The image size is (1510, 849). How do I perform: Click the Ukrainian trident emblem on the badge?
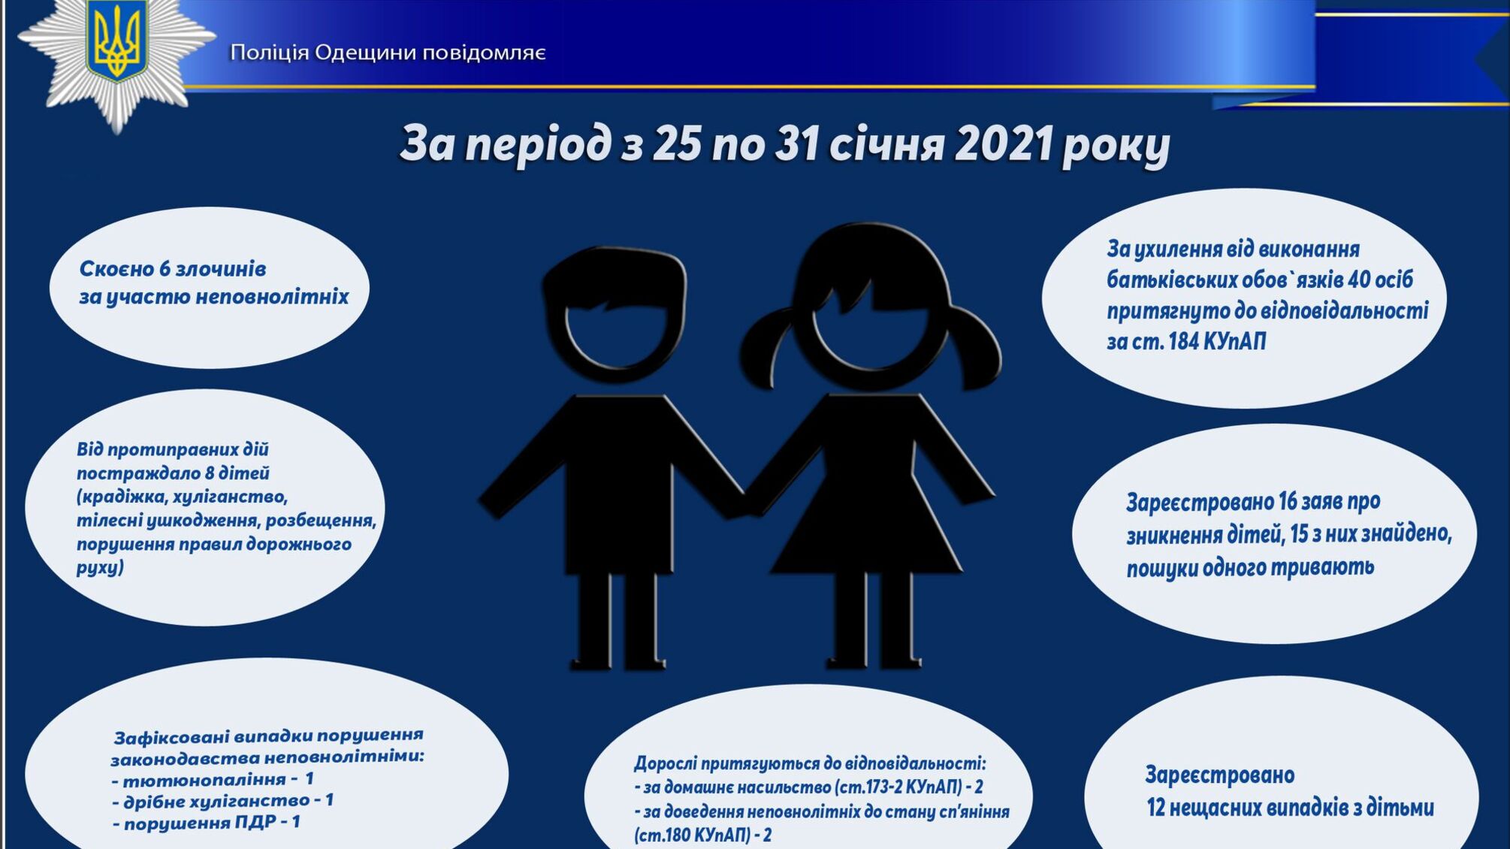pos(116,41)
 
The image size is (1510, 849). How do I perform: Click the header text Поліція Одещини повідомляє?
pos(388,53)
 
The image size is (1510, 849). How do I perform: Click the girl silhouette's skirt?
pos(868,526)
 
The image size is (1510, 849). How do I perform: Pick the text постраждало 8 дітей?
pos(173,473)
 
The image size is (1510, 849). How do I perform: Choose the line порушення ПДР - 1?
pos(207,823)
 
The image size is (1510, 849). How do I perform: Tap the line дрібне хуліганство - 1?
pos(222,801)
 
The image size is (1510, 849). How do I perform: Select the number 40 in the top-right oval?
pos(1358,280)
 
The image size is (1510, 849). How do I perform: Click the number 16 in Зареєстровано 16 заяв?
pos(1288,501)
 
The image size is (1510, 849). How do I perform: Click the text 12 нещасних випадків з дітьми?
pos(1289,808)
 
